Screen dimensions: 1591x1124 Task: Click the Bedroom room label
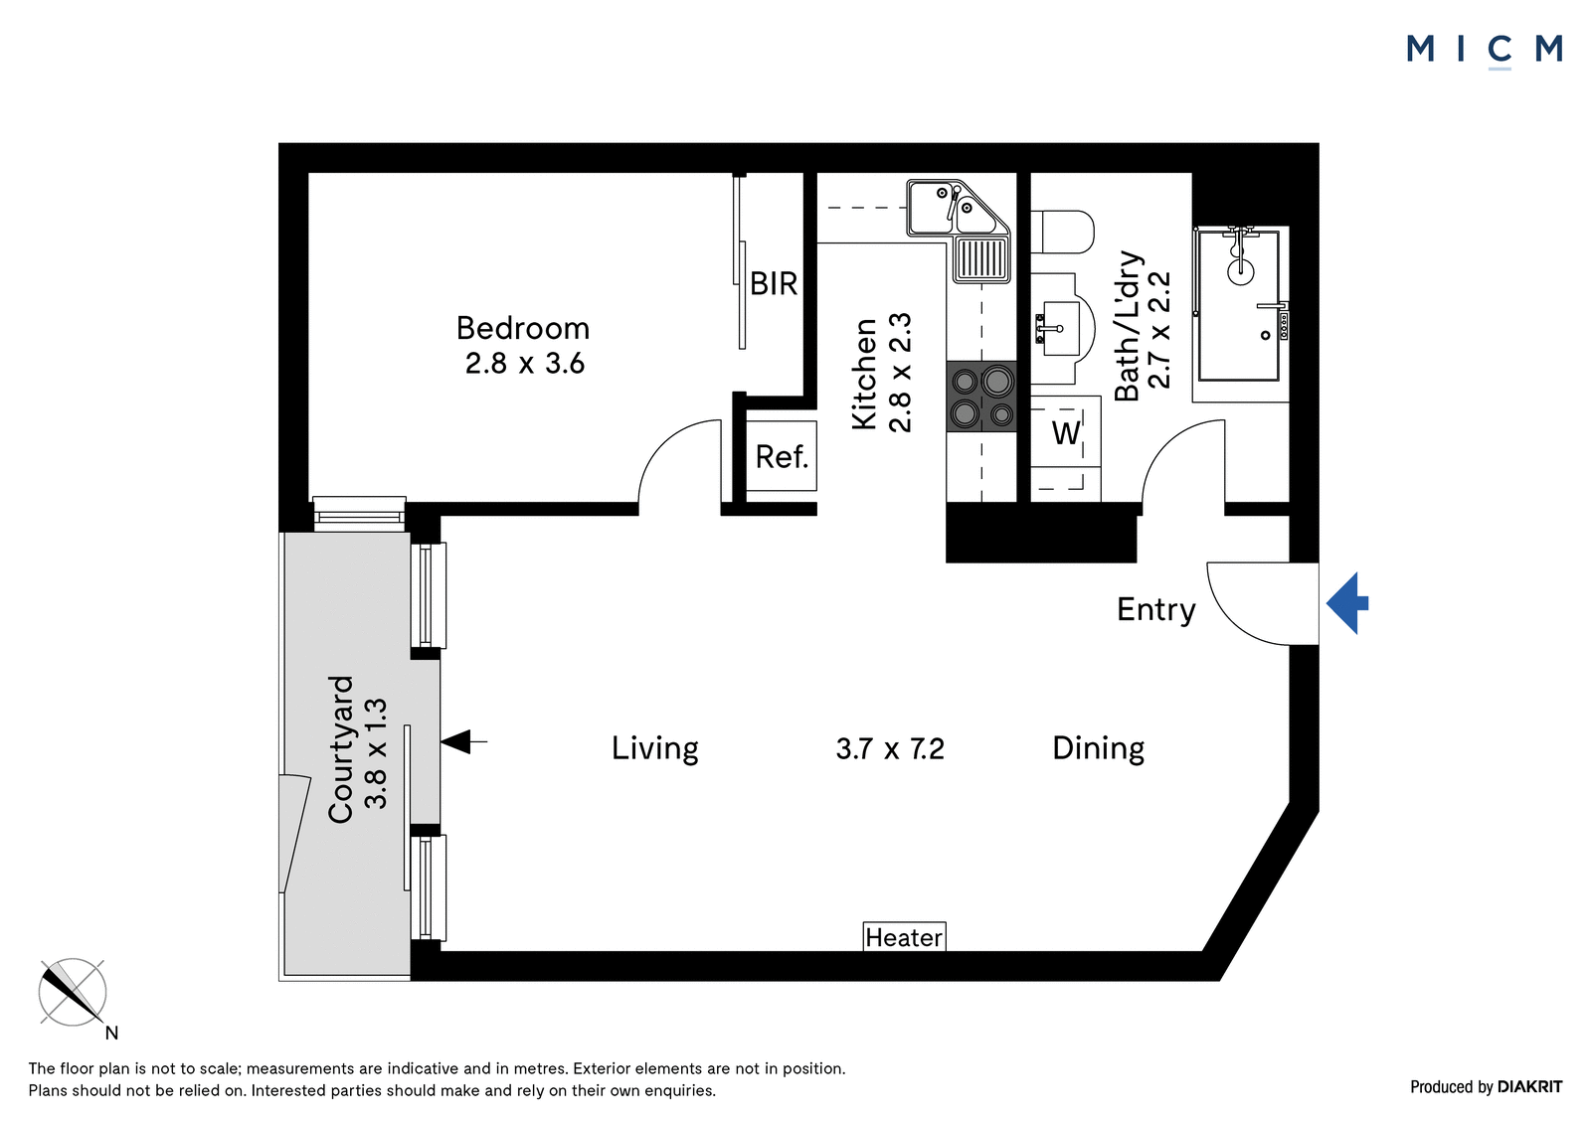(x=523, y=328)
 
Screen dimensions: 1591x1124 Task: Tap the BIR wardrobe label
(x=774, y=284)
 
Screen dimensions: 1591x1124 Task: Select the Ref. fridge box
(x=782, y=456)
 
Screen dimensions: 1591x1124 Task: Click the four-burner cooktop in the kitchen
(x=981, y=397)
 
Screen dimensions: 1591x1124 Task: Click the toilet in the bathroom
(x=1063, y=232)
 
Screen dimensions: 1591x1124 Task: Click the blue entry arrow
(x=1346, y=603)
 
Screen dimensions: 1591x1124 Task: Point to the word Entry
(x=1155, y=610)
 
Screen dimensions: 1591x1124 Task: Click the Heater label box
(x=904, y=936)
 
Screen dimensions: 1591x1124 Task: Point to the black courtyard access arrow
(x=463, y=742)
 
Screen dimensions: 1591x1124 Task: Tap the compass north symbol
(x=73, y=993)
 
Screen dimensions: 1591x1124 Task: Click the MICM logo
(x=1484, y=51)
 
